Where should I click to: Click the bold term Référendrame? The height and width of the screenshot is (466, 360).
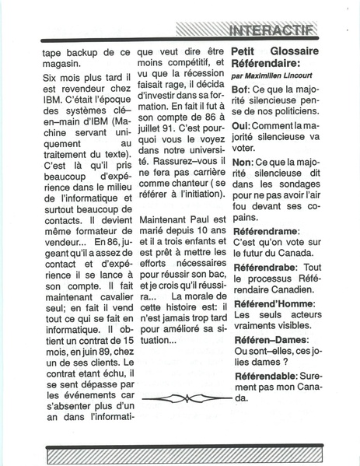(268, 232)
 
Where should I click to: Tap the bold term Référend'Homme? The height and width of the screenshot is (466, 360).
(272, 303)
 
